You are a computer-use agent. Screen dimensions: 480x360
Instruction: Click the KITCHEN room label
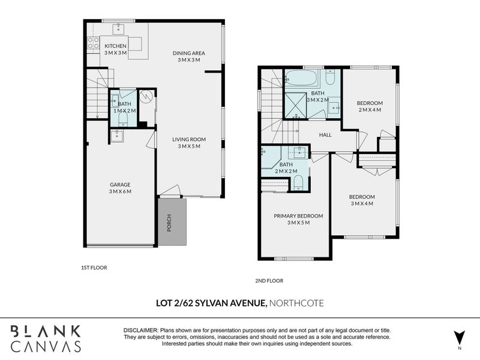coord(115,46)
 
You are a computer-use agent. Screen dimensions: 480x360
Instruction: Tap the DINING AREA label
coord(189,53)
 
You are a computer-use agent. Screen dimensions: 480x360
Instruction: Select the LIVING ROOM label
coord(189,140)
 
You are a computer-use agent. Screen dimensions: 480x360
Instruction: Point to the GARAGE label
coord(120,185)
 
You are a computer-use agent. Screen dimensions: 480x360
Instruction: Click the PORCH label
coord(169,223)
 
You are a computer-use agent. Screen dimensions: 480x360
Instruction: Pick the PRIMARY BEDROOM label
coord(298,216)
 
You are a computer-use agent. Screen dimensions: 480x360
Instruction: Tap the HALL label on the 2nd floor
coord(325,134)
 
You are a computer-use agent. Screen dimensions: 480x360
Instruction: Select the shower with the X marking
coord(295,106)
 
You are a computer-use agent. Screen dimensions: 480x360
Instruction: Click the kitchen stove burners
coord(93,43)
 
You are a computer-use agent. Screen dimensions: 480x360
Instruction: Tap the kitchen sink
coord(118,29)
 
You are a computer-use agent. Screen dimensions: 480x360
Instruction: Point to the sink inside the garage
coord(116,136)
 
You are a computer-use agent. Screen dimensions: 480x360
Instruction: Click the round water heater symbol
coord(146,97)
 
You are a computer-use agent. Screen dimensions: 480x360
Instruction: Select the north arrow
coord(459,338)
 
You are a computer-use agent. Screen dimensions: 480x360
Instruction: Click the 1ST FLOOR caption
coord(94,268)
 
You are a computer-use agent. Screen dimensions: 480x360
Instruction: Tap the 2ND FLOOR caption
coord(269,281)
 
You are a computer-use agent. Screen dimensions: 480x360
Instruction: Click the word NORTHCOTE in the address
coord(296,304)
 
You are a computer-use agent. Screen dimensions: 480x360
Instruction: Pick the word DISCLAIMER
coord(141,331)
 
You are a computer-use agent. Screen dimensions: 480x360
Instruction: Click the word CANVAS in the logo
coord(46,346)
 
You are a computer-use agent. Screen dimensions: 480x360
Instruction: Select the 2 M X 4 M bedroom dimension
coord(370,110)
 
